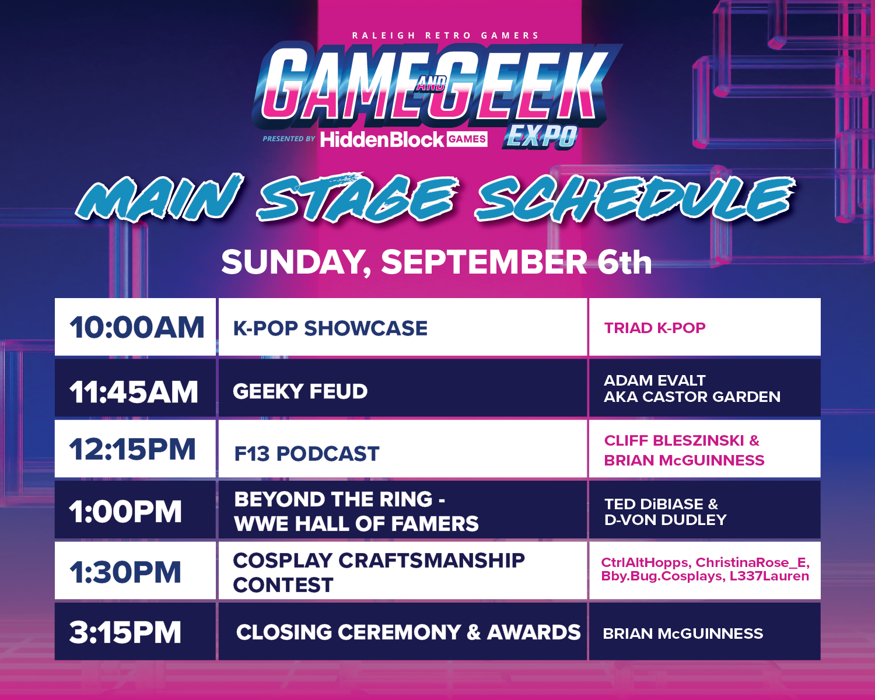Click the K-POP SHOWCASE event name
[330, 328]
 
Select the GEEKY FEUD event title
[300, 391]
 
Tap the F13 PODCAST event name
[307, 453]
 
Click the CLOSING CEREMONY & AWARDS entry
[408, 632]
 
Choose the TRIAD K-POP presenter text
[654, 328]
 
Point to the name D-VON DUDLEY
[665, 520]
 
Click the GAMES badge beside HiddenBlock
[467, 139]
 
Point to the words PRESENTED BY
[289, 139]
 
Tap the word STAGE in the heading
[357, 198]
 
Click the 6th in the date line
[625, 262]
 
